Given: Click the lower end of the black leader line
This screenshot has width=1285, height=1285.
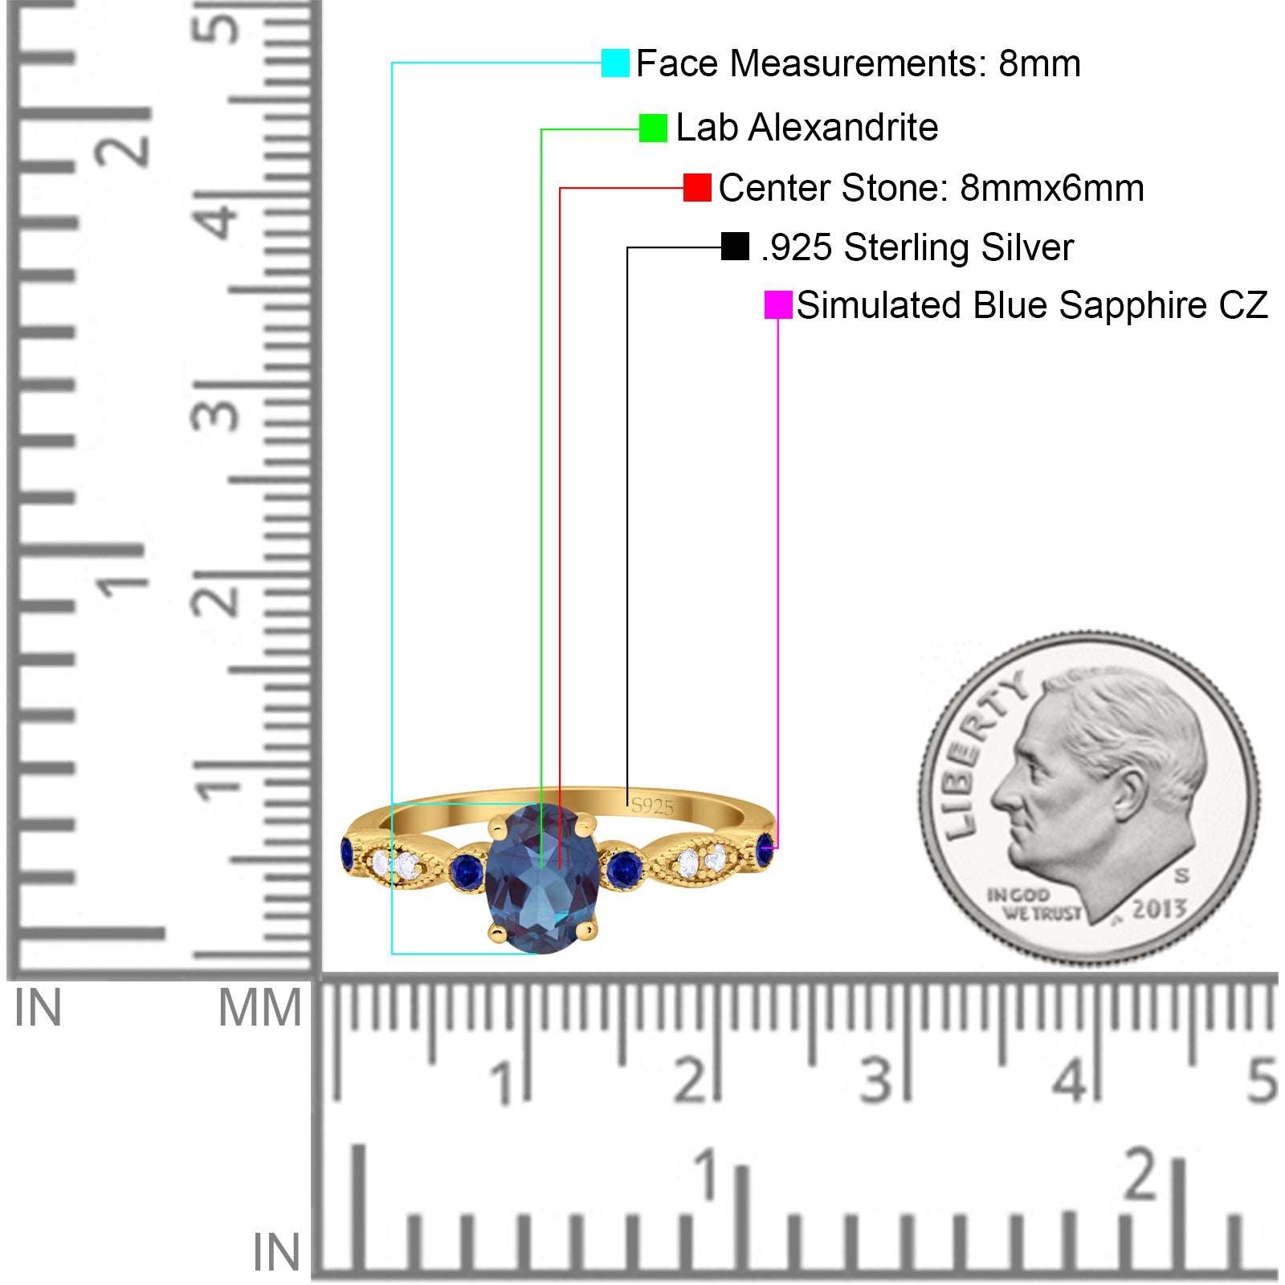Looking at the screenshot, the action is pos(627,805).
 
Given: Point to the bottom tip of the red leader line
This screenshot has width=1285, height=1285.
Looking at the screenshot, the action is pos(560,867).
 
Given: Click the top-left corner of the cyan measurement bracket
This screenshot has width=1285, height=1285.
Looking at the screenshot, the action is pos(392,63).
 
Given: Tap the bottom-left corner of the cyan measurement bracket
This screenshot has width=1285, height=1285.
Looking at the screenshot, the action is pos(392,953).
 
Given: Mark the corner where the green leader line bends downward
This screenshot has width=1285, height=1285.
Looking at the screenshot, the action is pos(541,128).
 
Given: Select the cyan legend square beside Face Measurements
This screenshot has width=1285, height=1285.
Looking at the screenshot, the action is pos(615,63).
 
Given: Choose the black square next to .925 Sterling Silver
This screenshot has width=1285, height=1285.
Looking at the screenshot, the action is pos(735,247).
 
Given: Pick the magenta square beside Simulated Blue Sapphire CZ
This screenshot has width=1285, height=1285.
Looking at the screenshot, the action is pos(778,305).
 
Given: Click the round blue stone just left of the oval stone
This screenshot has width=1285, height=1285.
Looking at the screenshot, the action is pos(467,871).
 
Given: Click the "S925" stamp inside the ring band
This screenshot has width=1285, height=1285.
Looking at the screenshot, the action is pos(652,806).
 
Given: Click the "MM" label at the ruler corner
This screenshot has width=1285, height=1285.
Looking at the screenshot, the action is pos(260,1009).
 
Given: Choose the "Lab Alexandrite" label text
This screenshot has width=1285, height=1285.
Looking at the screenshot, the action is pos(807,128).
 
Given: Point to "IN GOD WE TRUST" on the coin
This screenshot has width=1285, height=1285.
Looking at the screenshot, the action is pos(1034,904).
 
